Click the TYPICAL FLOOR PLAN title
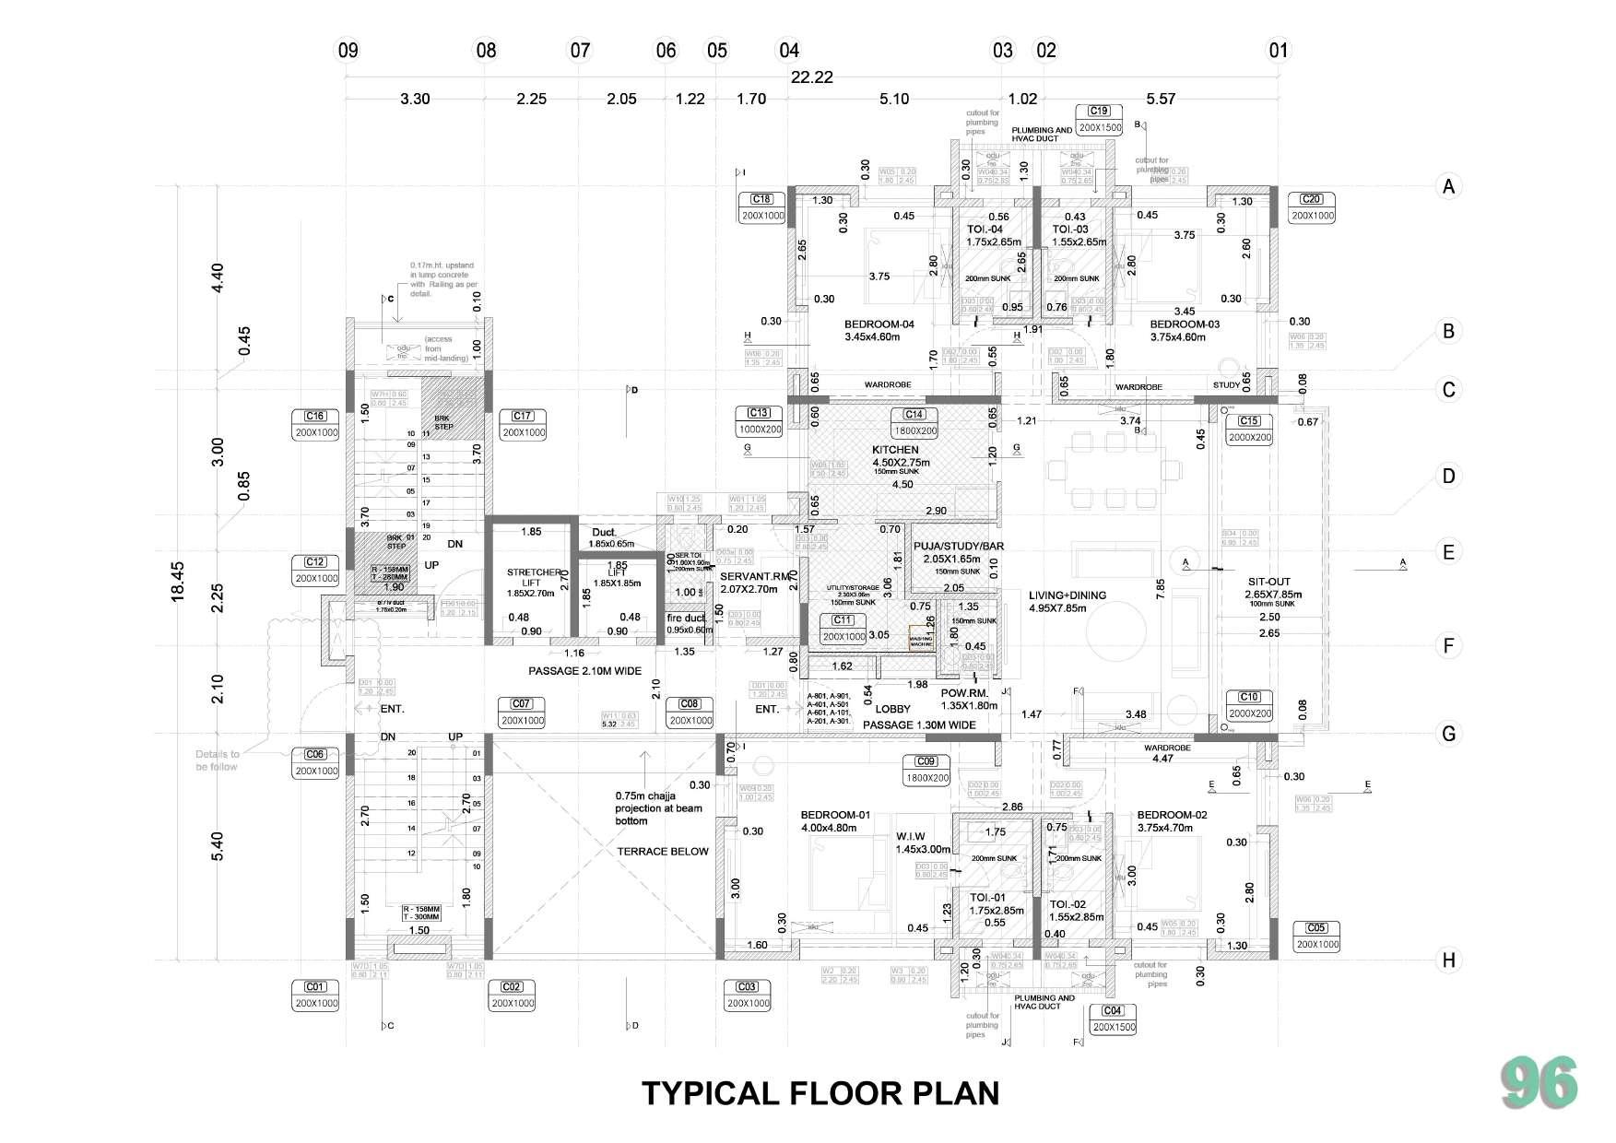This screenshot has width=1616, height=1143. pyautogui.click(x=820, y=1093)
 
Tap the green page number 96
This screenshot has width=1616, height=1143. pyautogui.click(x=1539, y=1084)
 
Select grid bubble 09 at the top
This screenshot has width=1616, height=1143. pyautogui.click(x=348, y=50)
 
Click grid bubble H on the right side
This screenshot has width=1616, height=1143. pyautogui.click(x=1448, y=960)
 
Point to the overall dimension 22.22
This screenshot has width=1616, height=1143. pyautogui.click(x=811, y=77)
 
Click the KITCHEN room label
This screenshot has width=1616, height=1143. pyautogui.click(x=895, y=450)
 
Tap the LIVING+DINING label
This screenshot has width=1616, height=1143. pyautogui.click(x=1067, y=595)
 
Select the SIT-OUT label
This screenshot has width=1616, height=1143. pyautogui.click(x=1268, y=582)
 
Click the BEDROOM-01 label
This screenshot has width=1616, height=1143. pyautogui.click(x=834, y=815)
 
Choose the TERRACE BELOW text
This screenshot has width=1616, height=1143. pyautogui.click(x=662, y=851)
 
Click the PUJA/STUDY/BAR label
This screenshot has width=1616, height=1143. pyautogui.click(x=958, y=546)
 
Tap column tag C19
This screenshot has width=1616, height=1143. pyautogui.click(x=1099, y=112)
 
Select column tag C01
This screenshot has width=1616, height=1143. pyautogui.click(x=315, y=987)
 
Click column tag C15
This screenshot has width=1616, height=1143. pyautogui.click(x=1248, y=421)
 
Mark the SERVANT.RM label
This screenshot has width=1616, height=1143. pyautogui.click(x=756, y=576)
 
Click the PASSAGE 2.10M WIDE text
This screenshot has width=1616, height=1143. pyautogui.click(x=584, y=671)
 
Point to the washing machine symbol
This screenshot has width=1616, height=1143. pyautogui.click(x=921, y=641)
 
